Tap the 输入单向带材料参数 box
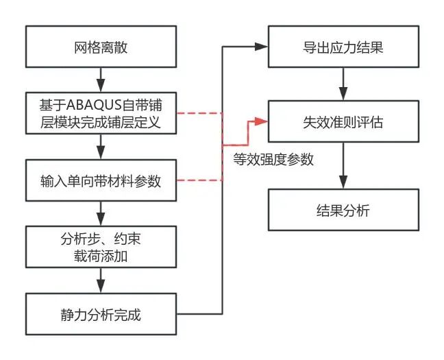click(x=101, y=181)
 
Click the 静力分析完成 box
click(x=101, y=315)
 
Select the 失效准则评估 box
click(x=343, y=121)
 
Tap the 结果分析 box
click(x=343, y=210)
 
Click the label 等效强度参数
click(x=273, y=160)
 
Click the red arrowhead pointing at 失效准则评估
click(x=260, y=121)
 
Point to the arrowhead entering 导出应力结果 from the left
click(x=260, y=47)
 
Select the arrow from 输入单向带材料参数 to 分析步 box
click(x=101, y=214)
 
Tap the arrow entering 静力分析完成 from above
click(x=101, y=281)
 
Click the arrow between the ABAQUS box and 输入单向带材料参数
click(x=101, y=147)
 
